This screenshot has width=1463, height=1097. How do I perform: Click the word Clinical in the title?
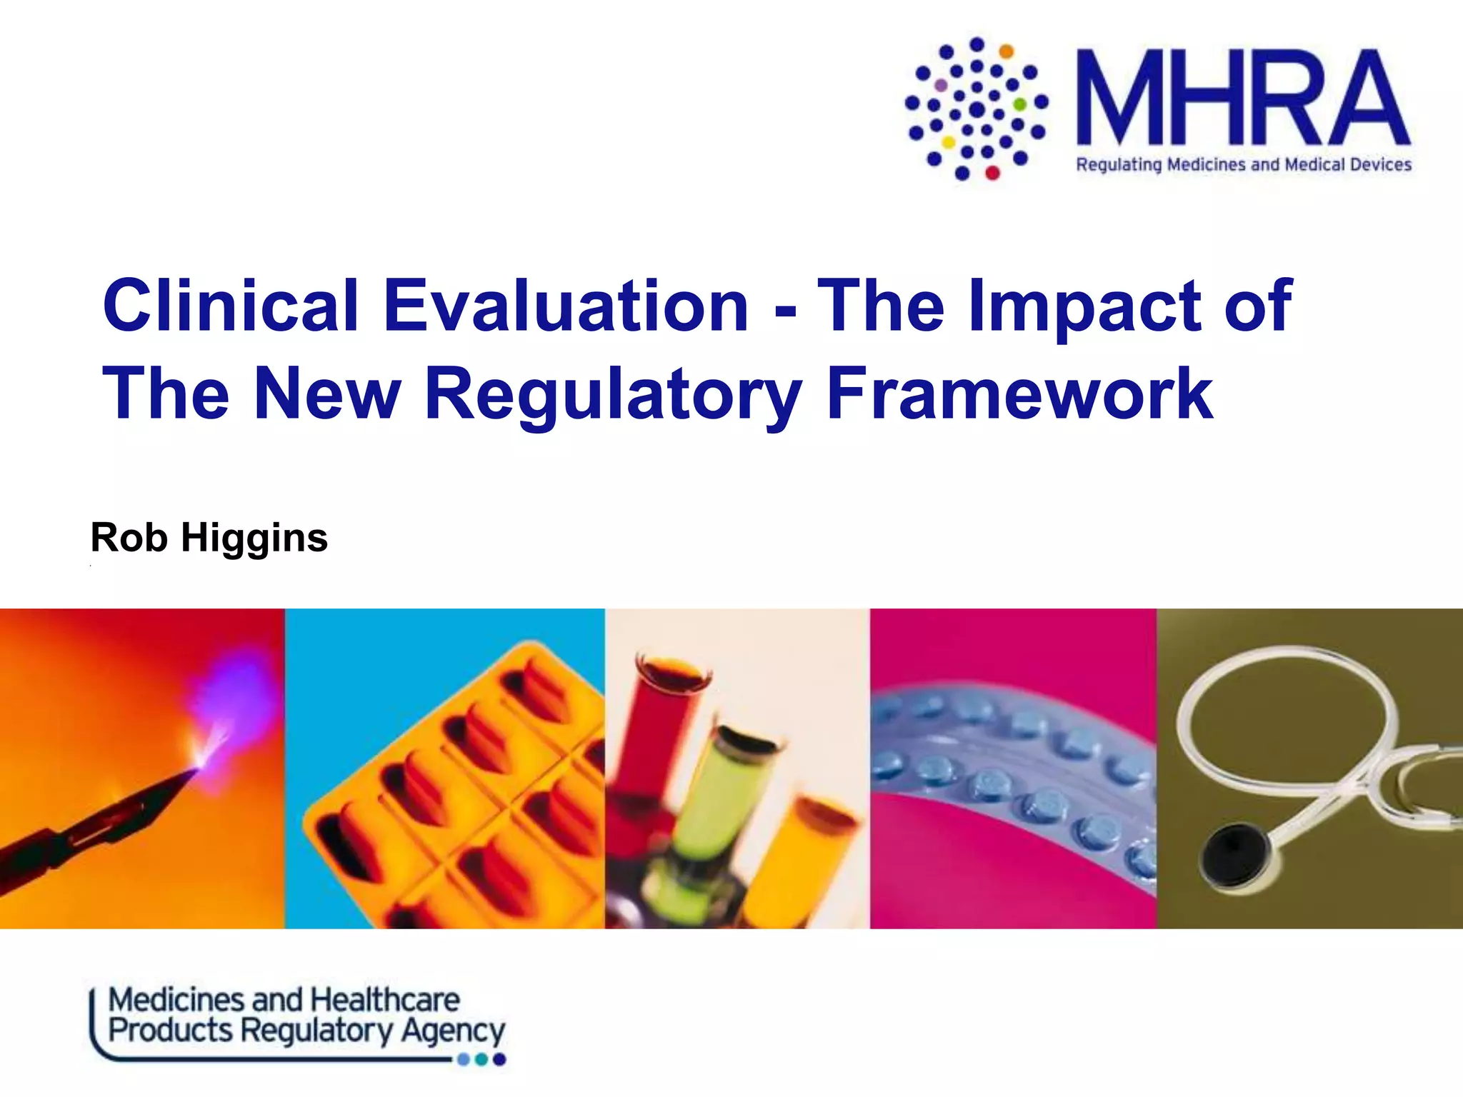[230, 306]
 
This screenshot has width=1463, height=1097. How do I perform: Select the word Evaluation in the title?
[566, 306]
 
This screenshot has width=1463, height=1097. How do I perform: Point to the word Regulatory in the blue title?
[613, 394]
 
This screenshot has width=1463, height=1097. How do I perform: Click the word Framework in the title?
[1019, 394]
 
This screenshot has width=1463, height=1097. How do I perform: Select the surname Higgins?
[254, 538]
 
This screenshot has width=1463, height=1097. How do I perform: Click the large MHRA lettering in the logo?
[1243, 98]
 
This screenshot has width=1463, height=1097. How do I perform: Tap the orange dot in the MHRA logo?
[1006, 51]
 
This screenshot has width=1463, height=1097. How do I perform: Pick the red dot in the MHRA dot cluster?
[992, 172]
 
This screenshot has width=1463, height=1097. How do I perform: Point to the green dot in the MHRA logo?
[1020, 104]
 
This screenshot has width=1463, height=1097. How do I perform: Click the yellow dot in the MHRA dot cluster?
[949, 142]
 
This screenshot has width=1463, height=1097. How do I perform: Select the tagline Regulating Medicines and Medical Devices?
[1243, 165]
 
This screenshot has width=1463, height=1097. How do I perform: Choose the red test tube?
[654, 728]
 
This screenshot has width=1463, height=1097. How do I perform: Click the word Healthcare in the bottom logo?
[386, 1000]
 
